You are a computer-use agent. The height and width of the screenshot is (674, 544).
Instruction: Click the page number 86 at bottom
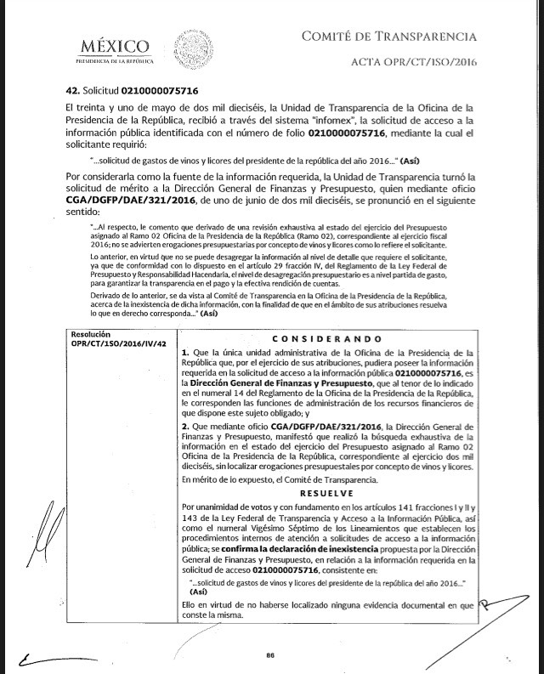point(271,654)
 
